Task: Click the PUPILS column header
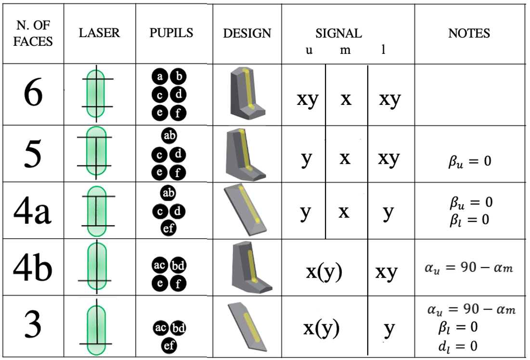point(171,33)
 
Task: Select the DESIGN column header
point(247,33)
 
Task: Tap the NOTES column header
point(469,33)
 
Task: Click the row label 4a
point(33,211)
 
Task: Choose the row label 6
point(33,94)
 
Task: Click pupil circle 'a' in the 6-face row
point(160,77)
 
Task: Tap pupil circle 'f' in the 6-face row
point(179,114)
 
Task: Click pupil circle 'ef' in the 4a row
point(169,229)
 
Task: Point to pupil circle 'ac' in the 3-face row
point(160,328)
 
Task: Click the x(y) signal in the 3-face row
point(322,328)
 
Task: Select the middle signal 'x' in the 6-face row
point(345,99)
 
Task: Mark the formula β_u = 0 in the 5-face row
point(470,161)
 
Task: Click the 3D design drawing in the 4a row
point(246,211)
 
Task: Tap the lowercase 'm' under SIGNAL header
point(345,50)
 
